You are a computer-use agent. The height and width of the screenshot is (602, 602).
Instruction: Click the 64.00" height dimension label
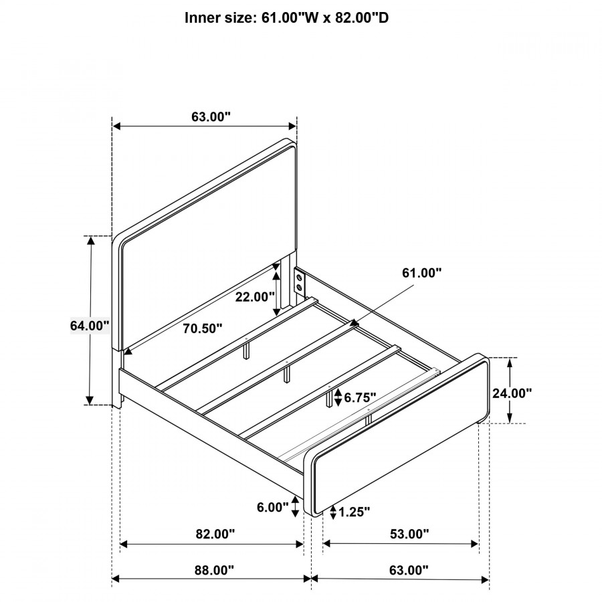point(90,326)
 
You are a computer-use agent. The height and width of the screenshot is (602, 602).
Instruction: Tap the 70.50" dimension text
point(202,328)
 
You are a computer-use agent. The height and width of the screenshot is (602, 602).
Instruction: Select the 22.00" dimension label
point(255,296)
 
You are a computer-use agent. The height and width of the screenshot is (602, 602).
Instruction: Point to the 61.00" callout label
point(422,273)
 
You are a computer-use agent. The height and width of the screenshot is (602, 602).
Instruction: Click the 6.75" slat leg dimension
point(360,397)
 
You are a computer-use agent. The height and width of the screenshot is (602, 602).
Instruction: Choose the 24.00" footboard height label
point(512,393)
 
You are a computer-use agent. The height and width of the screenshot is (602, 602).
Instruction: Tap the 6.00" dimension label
point(273,507)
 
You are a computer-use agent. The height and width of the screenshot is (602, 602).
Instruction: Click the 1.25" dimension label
point(355,512)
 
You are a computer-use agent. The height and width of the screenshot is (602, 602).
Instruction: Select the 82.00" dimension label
point(215,534)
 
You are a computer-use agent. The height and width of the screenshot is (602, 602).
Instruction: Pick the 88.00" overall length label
point(214,570)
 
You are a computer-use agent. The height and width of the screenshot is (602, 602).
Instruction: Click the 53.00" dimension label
point(409,534)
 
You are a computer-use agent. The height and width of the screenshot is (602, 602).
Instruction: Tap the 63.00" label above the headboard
point(211,116)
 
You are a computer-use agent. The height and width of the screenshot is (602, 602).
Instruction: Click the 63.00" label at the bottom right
point(409,570)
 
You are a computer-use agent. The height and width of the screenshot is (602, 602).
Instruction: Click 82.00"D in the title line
point(362,17)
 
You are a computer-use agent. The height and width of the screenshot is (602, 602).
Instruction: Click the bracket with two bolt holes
point(300,282)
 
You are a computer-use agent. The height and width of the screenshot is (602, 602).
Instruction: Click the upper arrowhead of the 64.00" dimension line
point(90,237)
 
